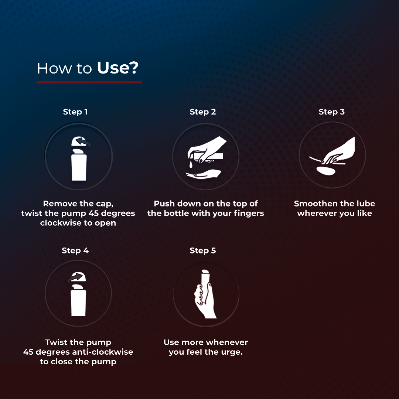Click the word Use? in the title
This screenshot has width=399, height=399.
117,68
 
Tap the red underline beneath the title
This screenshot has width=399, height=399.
89,82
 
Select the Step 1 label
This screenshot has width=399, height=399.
75,112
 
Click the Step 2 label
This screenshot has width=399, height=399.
202,112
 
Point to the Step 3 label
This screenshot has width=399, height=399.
331,112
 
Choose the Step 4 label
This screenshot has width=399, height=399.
75,250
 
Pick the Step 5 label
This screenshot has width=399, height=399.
202,250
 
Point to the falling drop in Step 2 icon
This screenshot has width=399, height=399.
191,164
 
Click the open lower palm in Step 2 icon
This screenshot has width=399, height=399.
203,174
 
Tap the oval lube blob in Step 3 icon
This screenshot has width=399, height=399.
326,170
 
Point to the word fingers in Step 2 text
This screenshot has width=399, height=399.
249,213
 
